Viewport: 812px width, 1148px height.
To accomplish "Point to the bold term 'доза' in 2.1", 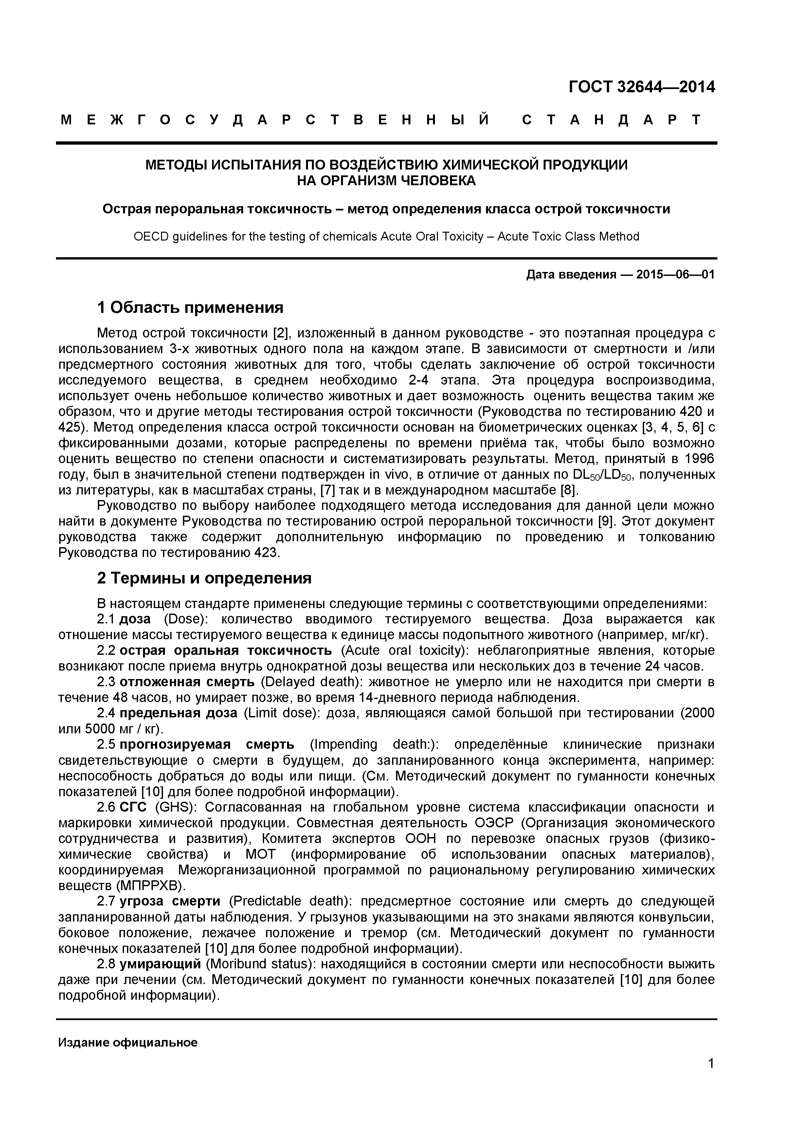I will tap(135, 619).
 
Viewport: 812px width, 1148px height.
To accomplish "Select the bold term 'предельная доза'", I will tap(178, 713).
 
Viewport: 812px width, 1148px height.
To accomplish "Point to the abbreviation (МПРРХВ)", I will tap(151, 886).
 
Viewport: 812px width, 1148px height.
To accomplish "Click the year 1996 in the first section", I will tap(699, 459).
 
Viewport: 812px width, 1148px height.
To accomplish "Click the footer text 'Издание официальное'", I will tap(128, 1043).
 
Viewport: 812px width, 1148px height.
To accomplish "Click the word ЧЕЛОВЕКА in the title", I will tap(439, 181).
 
